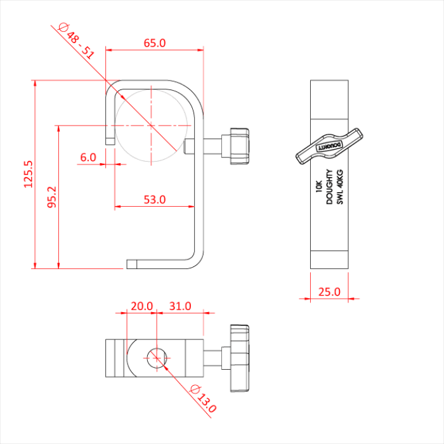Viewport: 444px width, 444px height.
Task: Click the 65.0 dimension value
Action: click(x=154, y=43)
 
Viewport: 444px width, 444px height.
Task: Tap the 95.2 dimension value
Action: click(x=51, y=197)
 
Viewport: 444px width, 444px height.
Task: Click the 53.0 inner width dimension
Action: click(x=154, y=200)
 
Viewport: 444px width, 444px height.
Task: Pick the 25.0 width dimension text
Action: click(x=329, y=292)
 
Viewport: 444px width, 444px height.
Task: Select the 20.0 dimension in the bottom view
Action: click(x=141, y=306)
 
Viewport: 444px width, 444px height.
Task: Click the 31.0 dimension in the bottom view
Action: click(x=180, y=306)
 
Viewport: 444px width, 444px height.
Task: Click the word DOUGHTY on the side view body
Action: click(x=329, y=188)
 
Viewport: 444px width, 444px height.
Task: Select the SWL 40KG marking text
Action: click(x=339, y=188)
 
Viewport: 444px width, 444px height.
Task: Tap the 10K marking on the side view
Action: click(x=318, y=188)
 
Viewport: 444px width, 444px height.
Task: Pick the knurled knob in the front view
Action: click(x=239, y=146)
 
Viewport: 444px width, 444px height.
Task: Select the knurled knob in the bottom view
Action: click(x=239, y=358)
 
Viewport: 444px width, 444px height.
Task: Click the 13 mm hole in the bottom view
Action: click(x=155, y=358)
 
